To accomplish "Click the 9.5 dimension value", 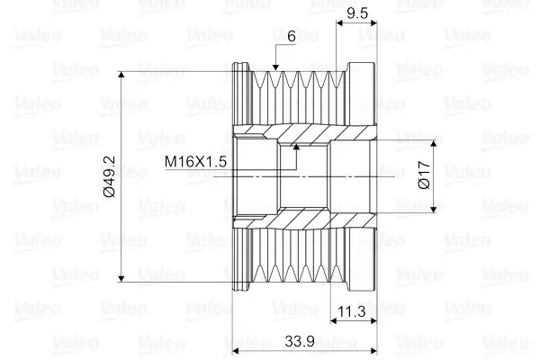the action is [x=357, y=13].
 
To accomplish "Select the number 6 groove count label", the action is [x=292, y=36].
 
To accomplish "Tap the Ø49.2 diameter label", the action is [x=109, y=176].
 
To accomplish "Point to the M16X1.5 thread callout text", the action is [x=195, y=161].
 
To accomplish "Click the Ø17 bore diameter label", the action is [x=424, y=175].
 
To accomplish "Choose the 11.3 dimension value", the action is [x=352, y=311].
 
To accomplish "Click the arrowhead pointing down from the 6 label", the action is [x=275, y=67].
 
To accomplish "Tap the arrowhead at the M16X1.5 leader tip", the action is [x=296, y=147].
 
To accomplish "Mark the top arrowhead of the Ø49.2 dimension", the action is [x=121, y=75].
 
